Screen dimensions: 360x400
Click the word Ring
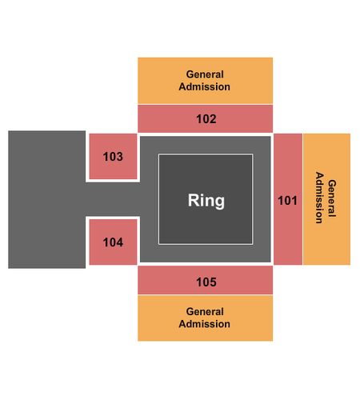click(206, 200)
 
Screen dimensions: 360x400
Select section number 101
click(287, 201)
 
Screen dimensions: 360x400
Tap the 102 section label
click(206, 119)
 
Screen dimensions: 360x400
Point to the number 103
click(113, 157)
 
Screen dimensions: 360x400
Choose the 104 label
click(113, 242)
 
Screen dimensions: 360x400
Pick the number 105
click(206, 282)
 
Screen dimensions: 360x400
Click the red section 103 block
click(113, 157)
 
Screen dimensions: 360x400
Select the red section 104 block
click(113, 242)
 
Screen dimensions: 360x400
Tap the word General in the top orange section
click(205, 74)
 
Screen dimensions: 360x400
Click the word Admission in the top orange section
click(205, 86)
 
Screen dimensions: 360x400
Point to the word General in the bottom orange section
click(205, 311)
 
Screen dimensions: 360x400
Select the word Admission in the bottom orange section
click(205, 324)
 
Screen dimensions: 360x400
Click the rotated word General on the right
click(332, 198)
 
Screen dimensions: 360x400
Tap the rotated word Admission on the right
click(319, 198)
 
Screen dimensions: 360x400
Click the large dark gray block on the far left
click(47, 199)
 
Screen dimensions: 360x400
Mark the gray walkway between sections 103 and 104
click(113, 199)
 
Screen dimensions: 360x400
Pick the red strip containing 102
click(206, 118)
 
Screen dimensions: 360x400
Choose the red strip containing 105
click(206, 280)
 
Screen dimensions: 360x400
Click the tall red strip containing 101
click(288, 199)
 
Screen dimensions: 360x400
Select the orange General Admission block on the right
click(326, 199)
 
